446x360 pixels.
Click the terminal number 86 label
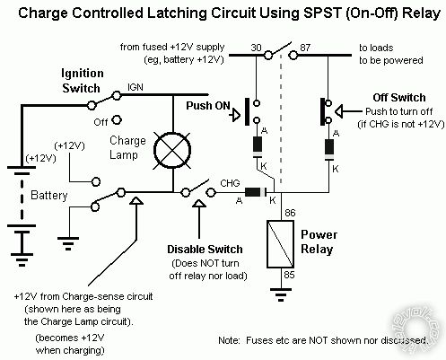(x=290, y=213)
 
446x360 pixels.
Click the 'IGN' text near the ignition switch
(x=136, y=88)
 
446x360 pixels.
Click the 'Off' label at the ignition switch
(x=101, y=119)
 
